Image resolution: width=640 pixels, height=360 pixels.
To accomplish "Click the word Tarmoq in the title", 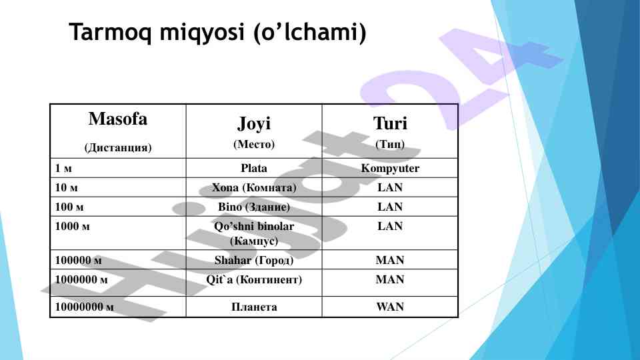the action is tap(111, 32).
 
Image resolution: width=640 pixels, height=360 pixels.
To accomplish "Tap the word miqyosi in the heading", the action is tap(202, 32).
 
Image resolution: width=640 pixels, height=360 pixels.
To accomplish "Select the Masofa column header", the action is tap(117, 119).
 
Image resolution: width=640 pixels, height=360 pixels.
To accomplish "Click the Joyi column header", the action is tap(254, 123).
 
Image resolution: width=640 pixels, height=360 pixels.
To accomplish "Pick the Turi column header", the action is tap(390, 123).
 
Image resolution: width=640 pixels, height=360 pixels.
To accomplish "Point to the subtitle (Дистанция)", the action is tap(118, 147).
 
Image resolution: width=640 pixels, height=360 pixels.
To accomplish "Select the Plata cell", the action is tap(254, 168).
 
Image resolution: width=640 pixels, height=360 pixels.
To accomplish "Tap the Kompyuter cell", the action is tap(390, 168).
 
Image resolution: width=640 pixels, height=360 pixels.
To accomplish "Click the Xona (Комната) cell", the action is tap(254, 188).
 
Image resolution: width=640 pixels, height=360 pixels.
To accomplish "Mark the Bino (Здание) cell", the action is tap(254, 207).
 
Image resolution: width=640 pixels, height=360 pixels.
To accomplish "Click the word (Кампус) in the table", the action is tap(254, 241).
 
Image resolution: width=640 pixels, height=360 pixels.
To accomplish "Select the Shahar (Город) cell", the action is tap(254, 260).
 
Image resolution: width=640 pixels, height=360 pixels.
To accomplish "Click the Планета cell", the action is tap(254, 307).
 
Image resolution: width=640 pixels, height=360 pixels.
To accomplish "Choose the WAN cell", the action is tap(390, 307).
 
